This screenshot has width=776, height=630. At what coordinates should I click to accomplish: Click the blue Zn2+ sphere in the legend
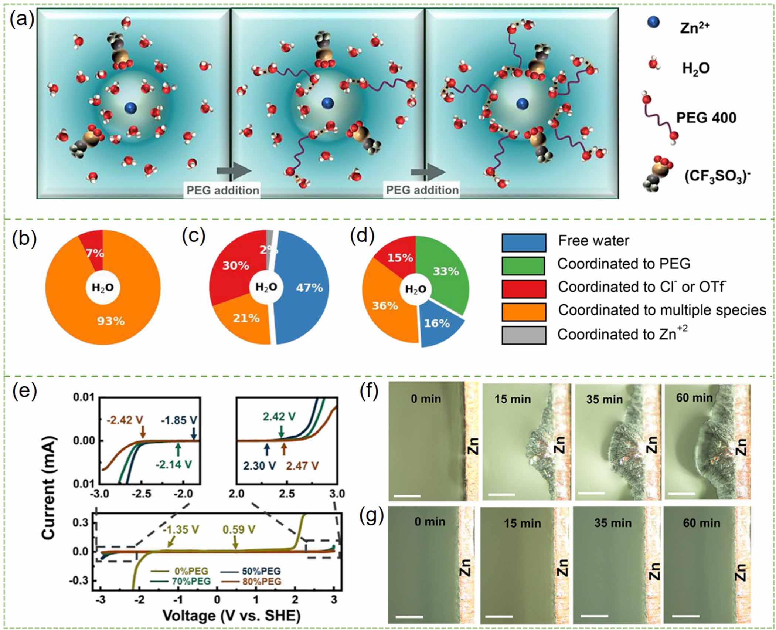[653, 23]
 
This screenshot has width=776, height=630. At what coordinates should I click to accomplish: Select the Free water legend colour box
[524, 243]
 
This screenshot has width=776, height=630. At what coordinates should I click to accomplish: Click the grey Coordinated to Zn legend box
[524, 335]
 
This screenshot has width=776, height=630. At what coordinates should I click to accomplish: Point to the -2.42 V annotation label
[125, 420]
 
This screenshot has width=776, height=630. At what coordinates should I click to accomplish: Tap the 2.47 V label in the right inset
[302, 466]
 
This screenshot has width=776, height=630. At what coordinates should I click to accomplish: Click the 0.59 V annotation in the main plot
[239, 530]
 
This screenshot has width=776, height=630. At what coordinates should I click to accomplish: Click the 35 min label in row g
[613, 523]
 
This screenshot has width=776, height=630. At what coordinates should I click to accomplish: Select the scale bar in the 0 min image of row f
[407, 496]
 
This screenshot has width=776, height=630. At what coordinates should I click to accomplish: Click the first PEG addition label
[222, 190]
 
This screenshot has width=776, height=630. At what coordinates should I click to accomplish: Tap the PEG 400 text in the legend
[706, 118]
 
